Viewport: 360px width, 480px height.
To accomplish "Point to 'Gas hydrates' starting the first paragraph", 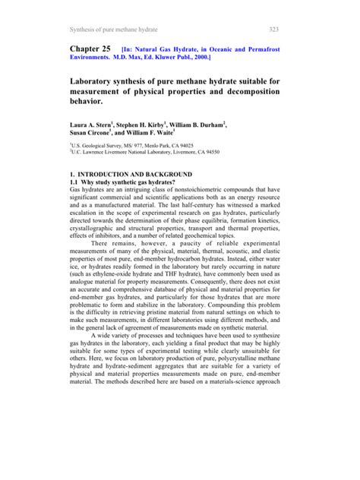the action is tap(87, 190).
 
